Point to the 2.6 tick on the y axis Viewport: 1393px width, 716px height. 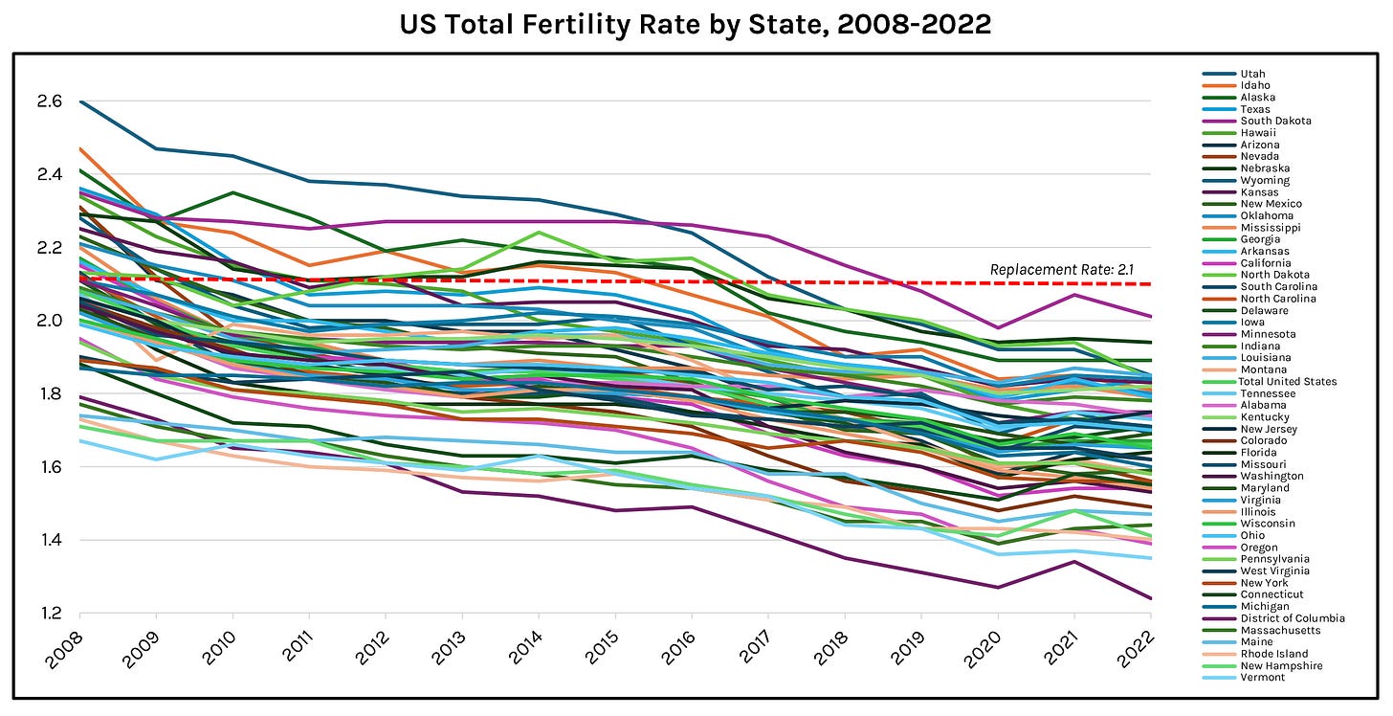pyautogui.click(x=52, y=101)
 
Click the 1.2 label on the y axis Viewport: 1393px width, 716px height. pyautogui.click(x=52, y=614)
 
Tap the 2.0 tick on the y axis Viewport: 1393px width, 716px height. pyautogui.click(x=52, y=321)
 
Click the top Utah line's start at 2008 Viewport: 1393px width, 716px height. pyautogui.click(x=80, y=101)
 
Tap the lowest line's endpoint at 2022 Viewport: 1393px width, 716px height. pyautogui.click(x=1150, y=598)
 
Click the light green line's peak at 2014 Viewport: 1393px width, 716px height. pyautogui.click(x=539, y=232)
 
